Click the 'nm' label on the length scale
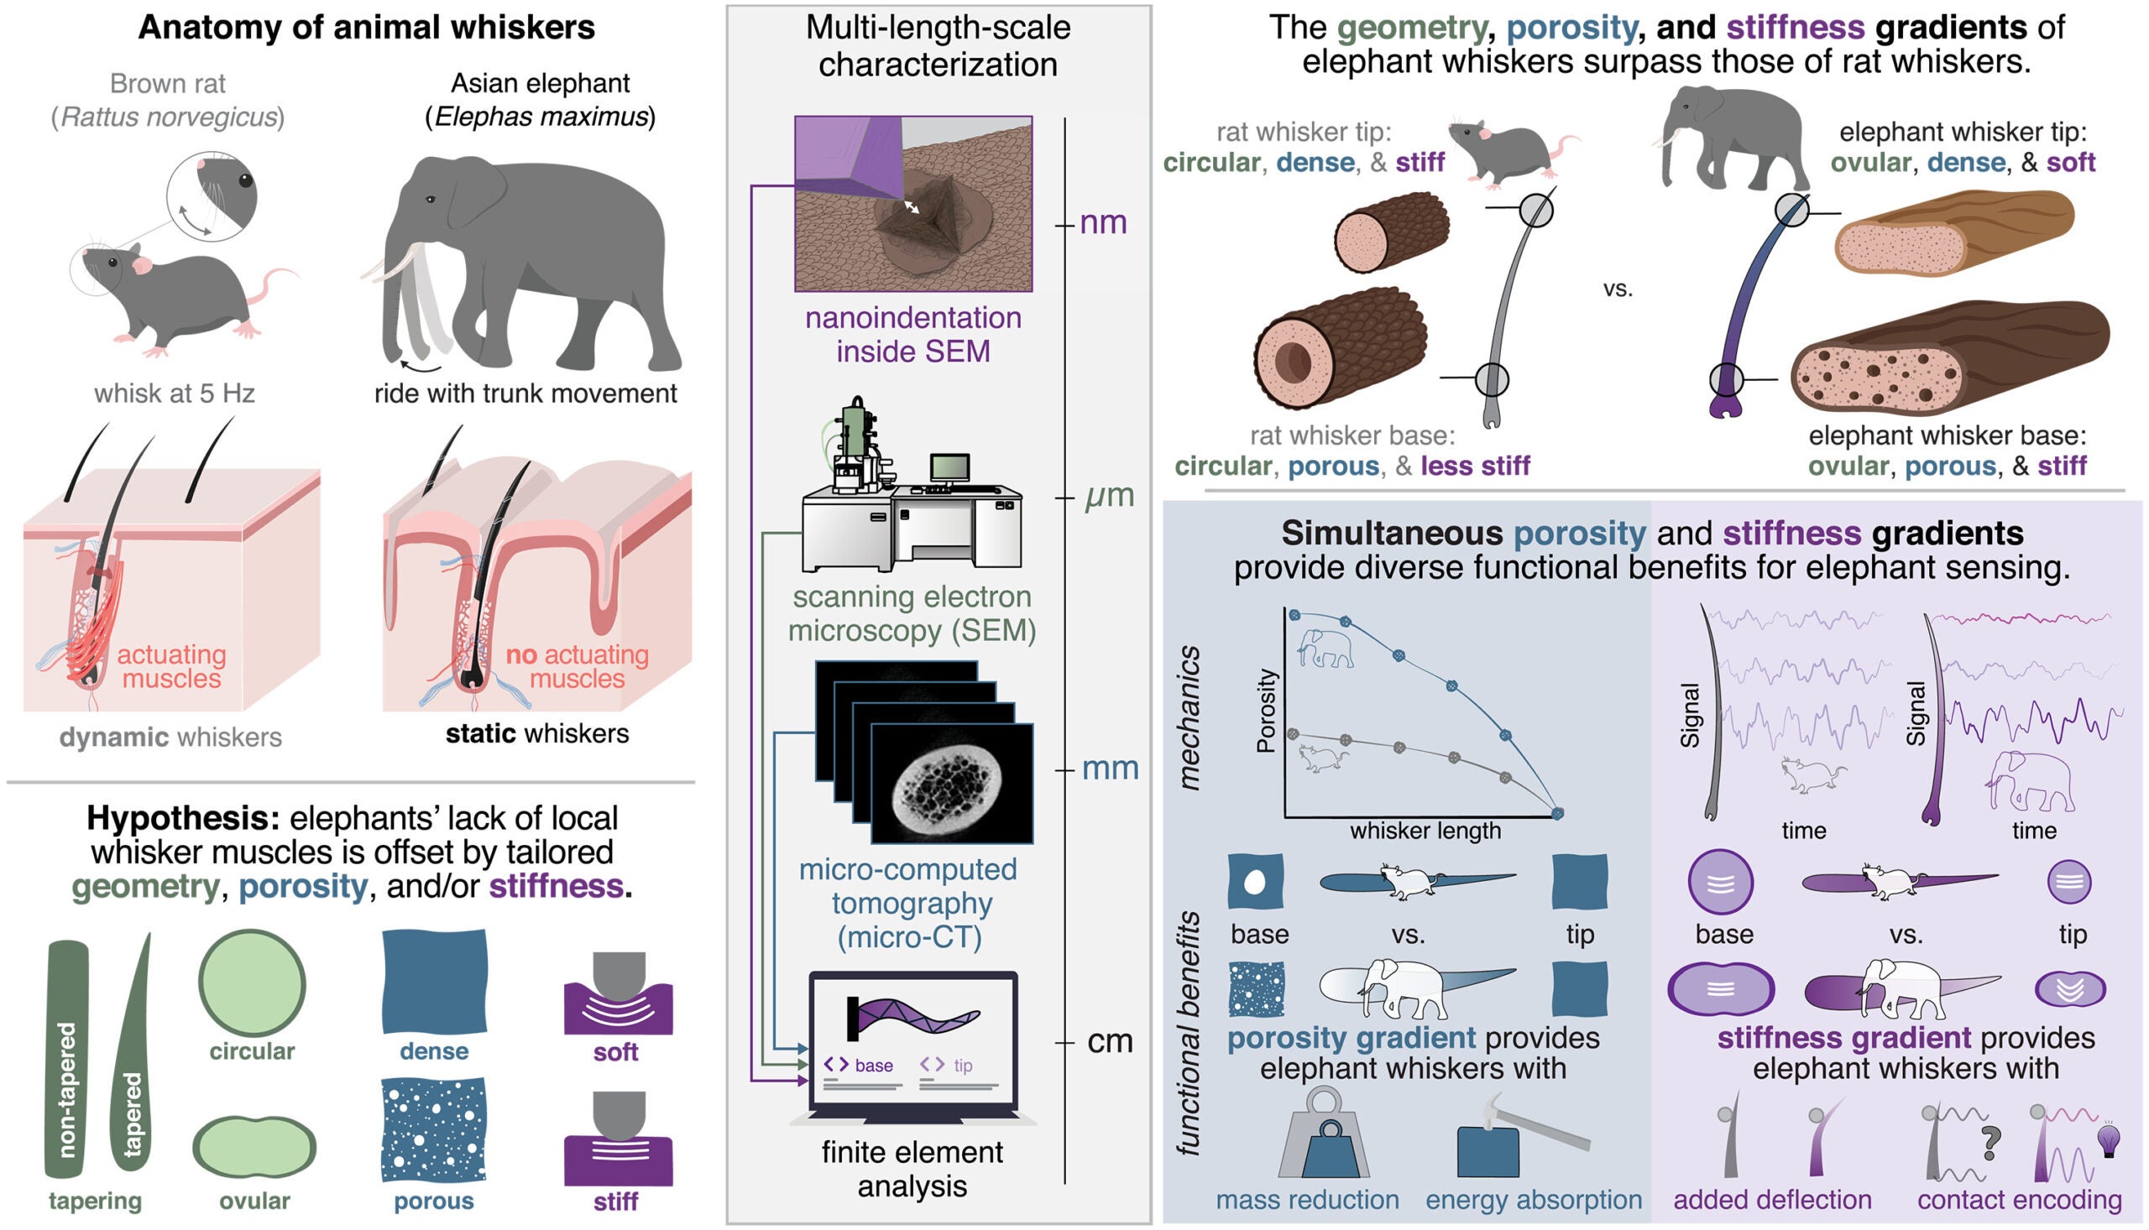(1104, 223)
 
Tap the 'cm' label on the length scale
(1110, 1041)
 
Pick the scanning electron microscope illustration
(911, 490)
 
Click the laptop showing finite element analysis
(912, 1048)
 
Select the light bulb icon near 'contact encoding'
(2110, 1140)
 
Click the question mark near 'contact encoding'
(1991, 1143)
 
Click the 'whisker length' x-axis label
(1425, 831)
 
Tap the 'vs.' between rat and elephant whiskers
(1618, 289)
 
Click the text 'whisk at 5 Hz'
(174, 393)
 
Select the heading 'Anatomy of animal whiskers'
(366, 27)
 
